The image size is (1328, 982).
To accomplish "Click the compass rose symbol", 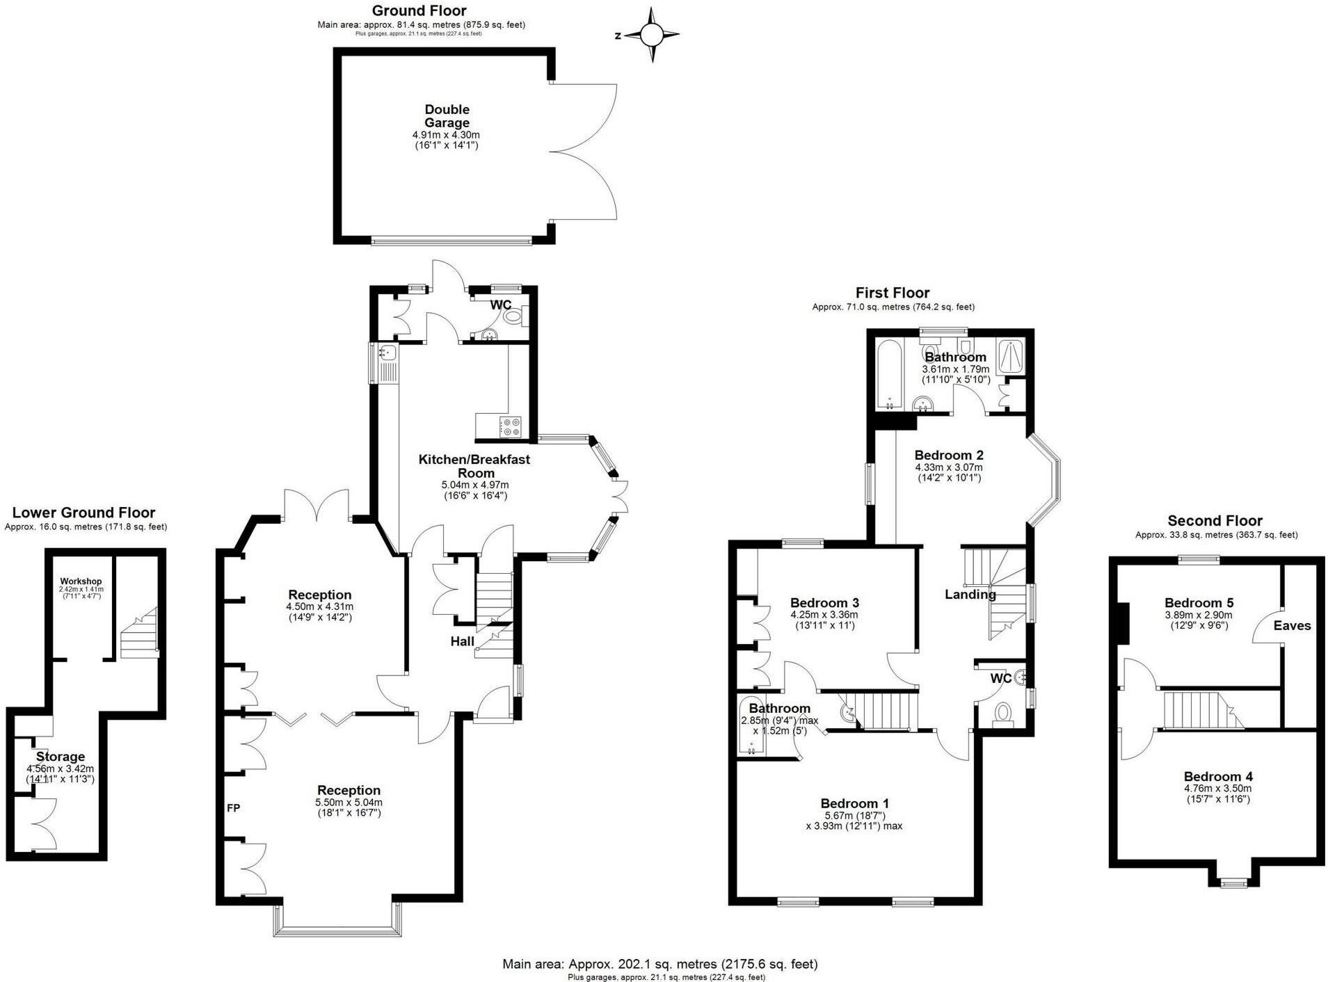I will click(x=652, y=34).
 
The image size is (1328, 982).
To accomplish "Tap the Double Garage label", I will click(x=447, y=116).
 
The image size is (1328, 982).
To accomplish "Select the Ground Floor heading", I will click(x=419, y=10).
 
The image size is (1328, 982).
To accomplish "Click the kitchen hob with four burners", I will click(x=511, y=426).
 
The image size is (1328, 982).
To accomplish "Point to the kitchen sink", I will click(x=387, y=353).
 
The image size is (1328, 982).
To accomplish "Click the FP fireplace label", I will click(x=234, y=808).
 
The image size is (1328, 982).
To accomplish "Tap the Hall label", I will click(x=462, y=641).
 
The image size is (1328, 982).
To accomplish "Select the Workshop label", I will click(x=81, y=581).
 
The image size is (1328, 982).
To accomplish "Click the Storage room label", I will click(x=61, y=757).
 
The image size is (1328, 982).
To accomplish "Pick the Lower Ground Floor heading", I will click(x=83, y=513).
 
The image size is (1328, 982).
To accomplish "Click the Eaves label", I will click(x=1292, y=626).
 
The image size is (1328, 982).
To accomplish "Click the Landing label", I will click(x=970, y=595).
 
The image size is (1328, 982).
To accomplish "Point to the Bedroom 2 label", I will click(x=949, y=456).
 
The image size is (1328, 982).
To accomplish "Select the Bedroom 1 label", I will click(x=854, y=803).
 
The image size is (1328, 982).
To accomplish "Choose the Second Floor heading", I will click(x=1215, y=521).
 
